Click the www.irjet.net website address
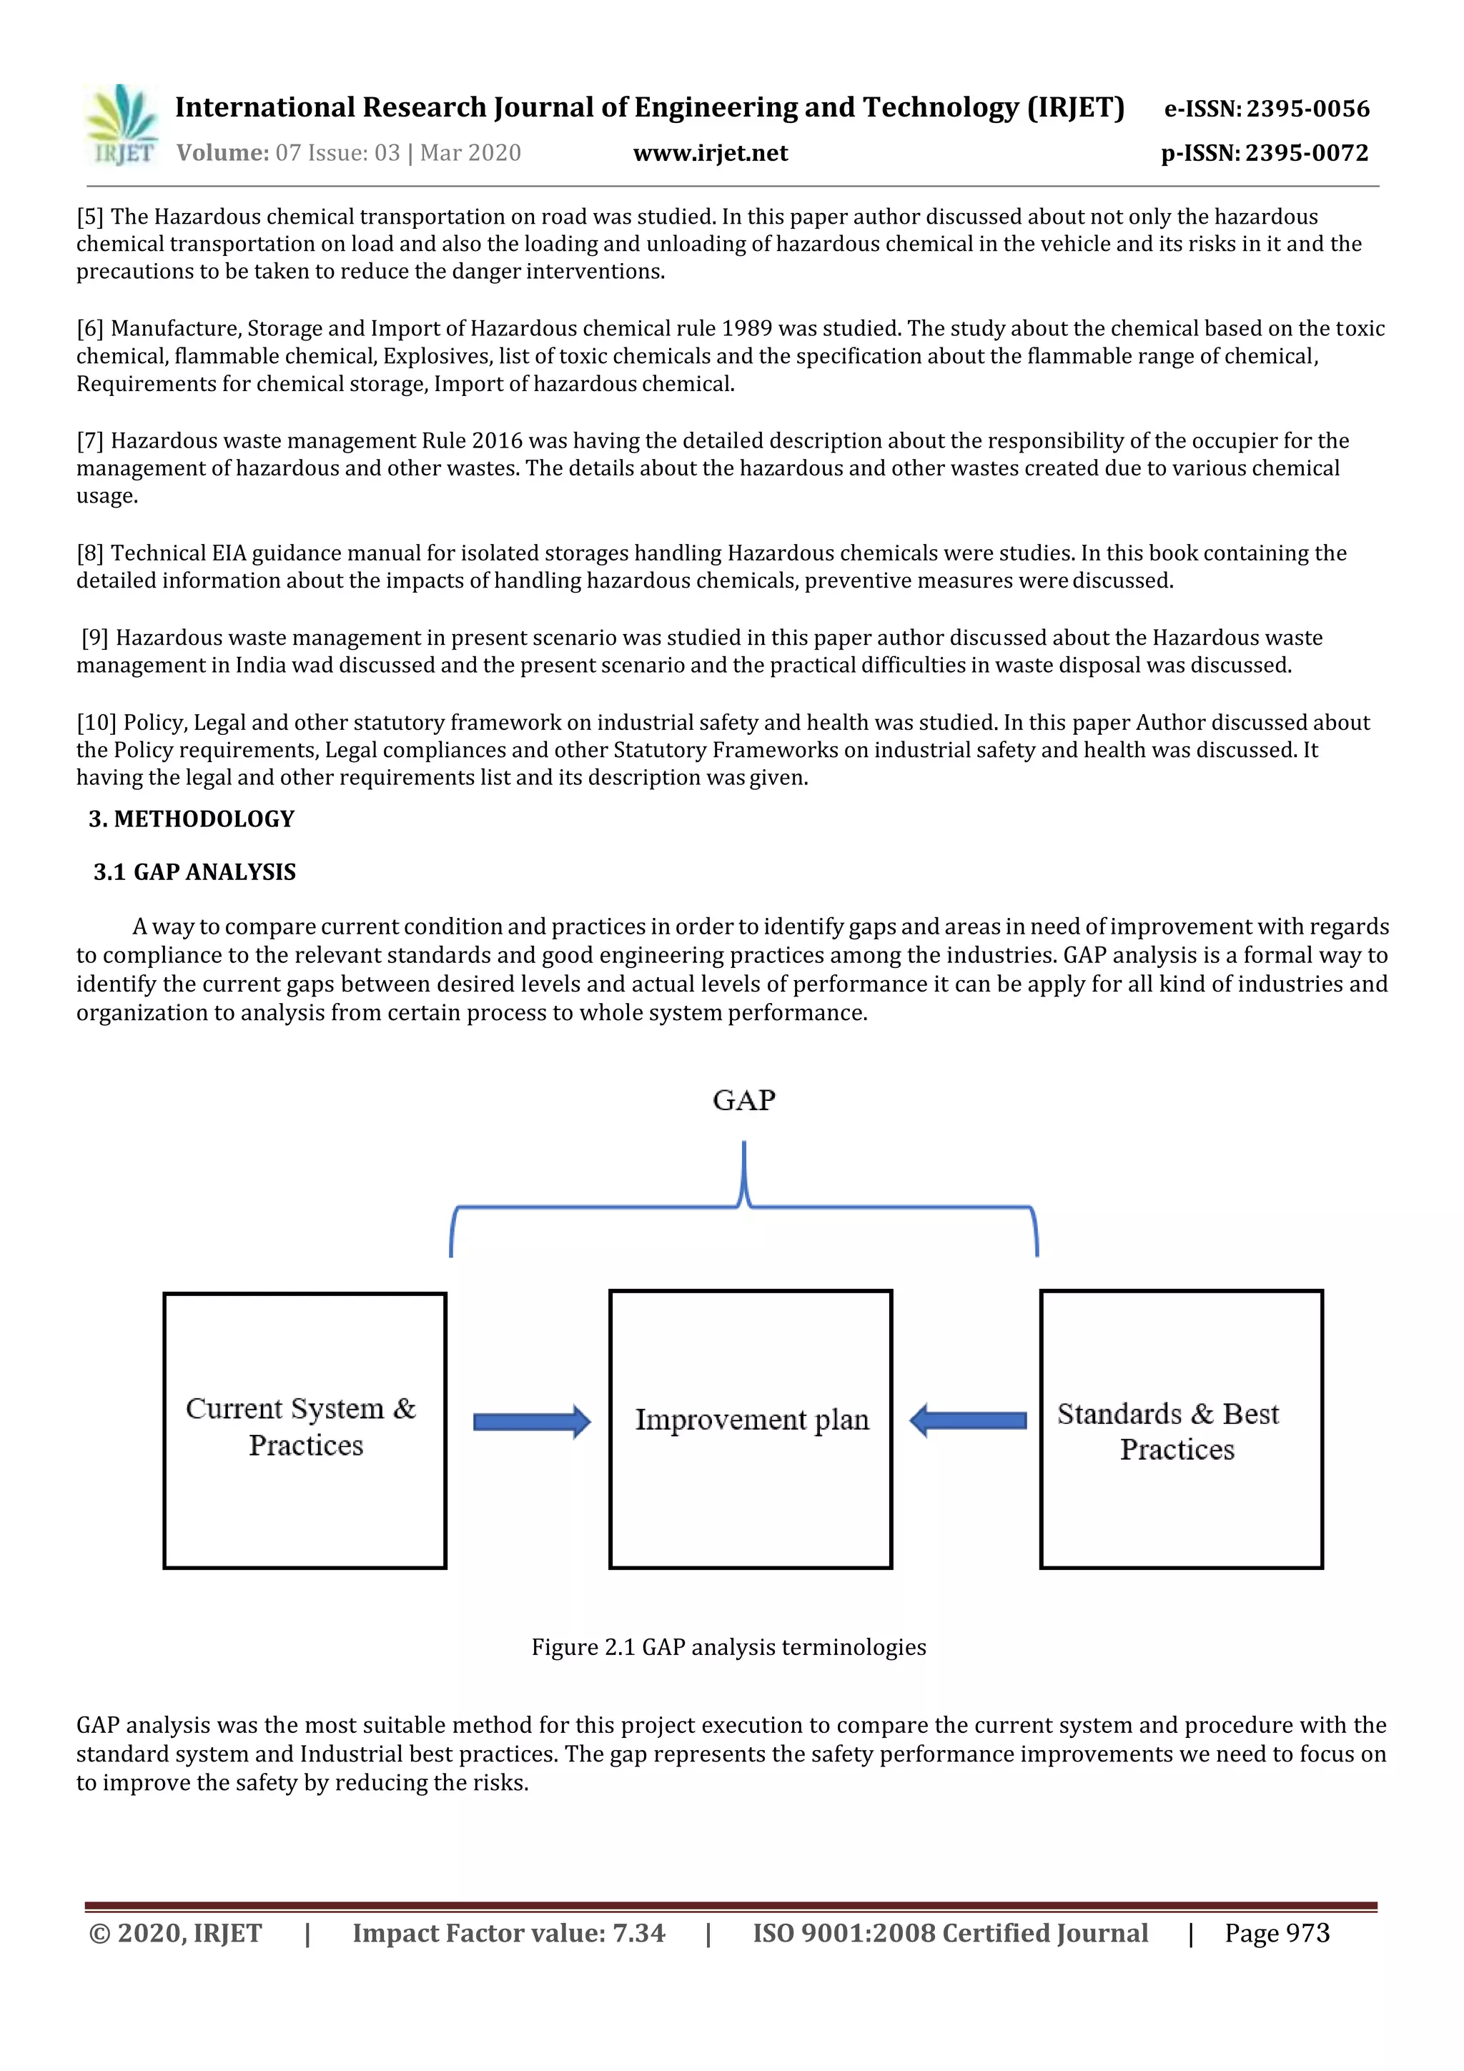[x=710, y=153]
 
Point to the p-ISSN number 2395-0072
[x=1306, y=153]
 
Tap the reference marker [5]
[x=90, y=217]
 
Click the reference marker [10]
[x=97, y=723]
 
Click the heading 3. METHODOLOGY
[x=192, y=819]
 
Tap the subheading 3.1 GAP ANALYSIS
[x=195, y=872]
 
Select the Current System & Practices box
[x=305, y=1430]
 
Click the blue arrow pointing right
[x=531, y=1422]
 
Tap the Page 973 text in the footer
[x=1277, y=1933]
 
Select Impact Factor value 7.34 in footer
[x=509, y=1933]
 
